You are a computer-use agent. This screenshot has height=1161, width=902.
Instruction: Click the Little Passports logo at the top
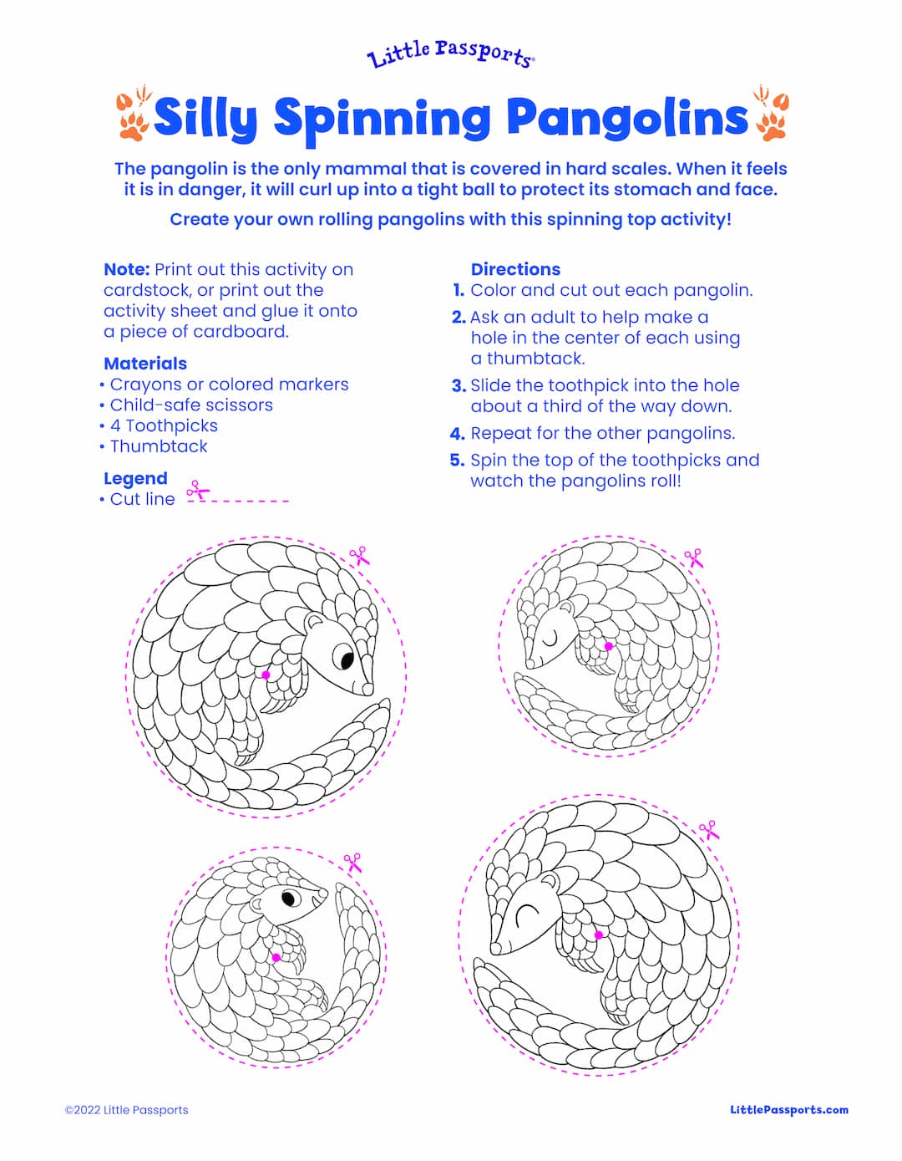451,54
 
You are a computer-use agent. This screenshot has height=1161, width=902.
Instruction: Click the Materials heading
145,364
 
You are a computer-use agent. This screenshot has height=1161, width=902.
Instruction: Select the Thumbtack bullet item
159,446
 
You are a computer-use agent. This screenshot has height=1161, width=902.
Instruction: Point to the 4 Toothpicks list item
164,425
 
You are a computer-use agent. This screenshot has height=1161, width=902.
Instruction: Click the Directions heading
515,269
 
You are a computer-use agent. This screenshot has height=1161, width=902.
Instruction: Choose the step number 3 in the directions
459,386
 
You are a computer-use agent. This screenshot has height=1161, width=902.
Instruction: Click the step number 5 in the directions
457,461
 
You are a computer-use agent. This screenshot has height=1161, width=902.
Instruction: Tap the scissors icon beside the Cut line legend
198,490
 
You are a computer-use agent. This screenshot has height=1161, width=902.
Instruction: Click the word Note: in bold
126,270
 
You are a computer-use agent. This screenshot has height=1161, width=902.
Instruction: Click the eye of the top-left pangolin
343,656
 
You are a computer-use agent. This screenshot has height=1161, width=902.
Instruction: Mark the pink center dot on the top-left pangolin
266,675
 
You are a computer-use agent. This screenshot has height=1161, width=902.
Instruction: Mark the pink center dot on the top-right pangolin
609,646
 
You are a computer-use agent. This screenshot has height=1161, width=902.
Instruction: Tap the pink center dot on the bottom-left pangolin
276,958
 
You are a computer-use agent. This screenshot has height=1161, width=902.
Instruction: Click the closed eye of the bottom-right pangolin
526,917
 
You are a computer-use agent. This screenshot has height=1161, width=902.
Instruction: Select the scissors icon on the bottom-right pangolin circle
708,830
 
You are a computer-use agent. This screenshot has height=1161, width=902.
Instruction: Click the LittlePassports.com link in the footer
788,1110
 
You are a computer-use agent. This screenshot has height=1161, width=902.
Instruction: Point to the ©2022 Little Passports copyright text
127,1110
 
